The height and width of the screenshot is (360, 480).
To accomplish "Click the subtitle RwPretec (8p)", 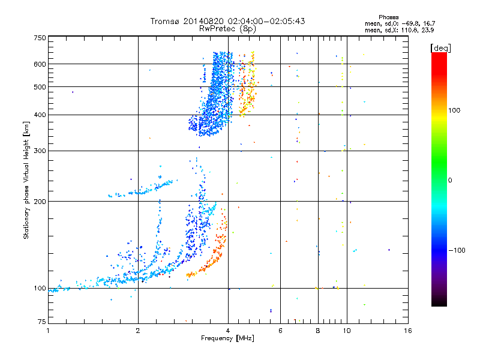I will click(x=227, y=28).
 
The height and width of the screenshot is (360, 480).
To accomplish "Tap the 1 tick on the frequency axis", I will click(x=48, y=330).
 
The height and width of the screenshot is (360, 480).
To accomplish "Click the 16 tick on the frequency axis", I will click(x=407, y=330).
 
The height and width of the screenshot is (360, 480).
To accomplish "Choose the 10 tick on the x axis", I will click(x=346, y=330).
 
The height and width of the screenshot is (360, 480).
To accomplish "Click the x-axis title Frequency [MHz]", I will click(x=227, y=338).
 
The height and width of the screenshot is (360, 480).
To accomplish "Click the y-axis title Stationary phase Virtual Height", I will click(x=26, y=180).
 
